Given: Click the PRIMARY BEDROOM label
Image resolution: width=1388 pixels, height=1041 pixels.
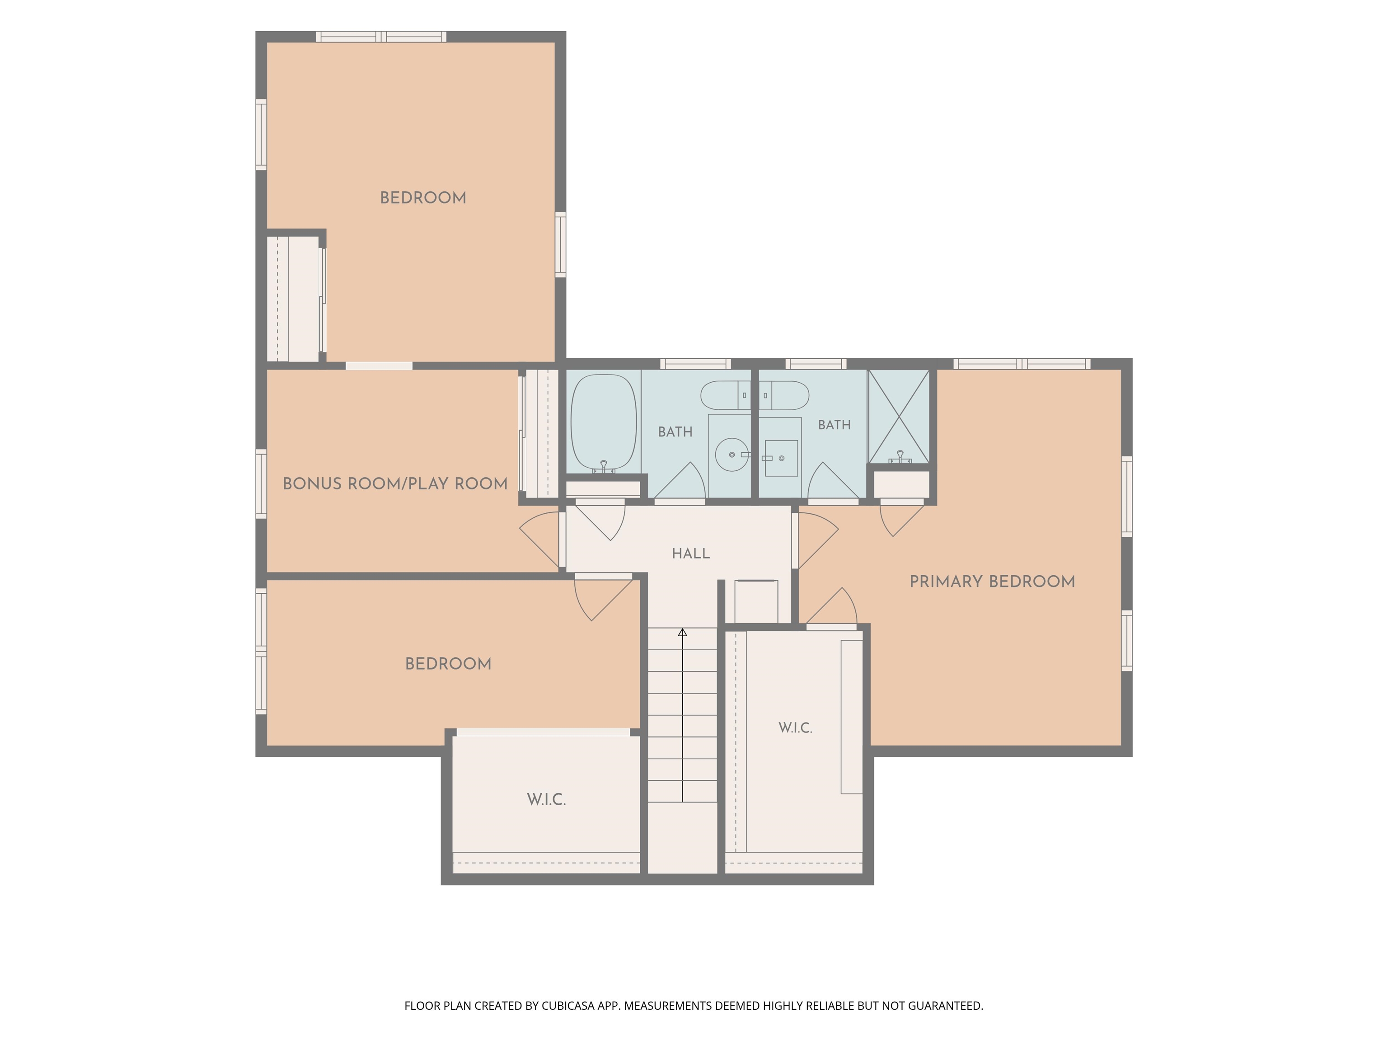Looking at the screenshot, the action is coord(992,581).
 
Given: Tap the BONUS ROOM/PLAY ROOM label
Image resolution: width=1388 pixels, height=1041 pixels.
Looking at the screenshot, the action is coord(395,484).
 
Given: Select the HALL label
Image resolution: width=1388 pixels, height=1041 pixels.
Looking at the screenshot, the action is coord(691,553).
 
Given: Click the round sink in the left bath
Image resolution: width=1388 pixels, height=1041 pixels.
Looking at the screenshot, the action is coord(732,454).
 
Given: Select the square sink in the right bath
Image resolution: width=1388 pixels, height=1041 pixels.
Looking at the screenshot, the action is coord(781,458).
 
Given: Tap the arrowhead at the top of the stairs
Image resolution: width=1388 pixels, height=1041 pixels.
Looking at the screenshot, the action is coord(683,632).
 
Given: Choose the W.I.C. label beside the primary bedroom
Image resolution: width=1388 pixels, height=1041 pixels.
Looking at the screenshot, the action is coord(795,728).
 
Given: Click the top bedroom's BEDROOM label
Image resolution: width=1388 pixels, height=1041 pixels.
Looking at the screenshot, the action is coord(423,197).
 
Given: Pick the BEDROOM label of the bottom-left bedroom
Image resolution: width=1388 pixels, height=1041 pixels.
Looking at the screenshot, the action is coord(448,664).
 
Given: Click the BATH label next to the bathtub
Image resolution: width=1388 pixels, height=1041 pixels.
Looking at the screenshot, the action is coord(675,431).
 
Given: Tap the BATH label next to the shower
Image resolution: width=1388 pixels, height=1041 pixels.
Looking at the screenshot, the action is coord(835,425).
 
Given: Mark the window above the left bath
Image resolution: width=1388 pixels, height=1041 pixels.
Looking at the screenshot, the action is coord(695,364).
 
